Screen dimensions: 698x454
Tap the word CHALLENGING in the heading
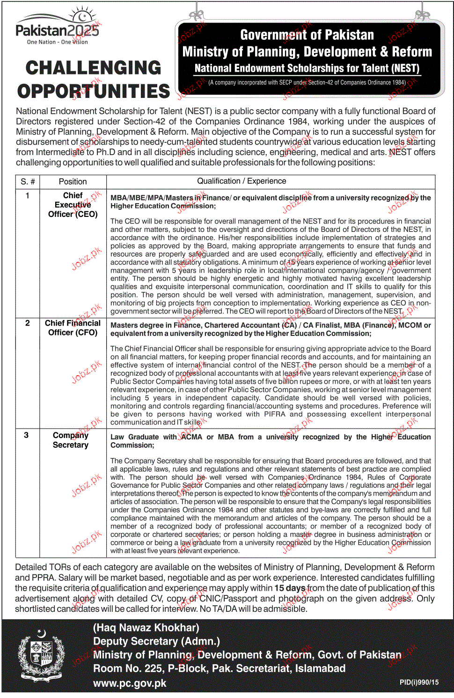pos(93,68)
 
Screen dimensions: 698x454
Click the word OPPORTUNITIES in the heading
pos(94,91)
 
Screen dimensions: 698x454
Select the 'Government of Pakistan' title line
pos(307,35)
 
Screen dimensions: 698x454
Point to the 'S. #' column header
pos(28,182)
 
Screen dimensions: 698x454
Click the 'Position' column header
pos(73,182)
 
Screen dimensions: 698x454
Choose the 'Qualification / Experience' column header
pos(242,181)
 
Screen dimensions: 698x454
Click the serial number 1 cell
pos(28,196)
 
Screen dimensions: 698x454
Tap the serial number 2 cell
pos(28,323)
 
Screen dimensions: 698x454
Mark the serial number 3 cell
pos(26,435)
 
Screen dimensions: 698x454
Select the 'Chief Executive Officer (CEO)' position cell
pos(73,205)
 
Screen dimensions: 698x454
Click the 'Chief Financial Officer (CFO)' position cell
pos(73,328)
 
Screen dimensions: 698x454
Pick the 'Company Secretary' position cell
pos(71,440)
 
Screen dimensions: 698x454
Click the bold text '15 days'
pos(290,588)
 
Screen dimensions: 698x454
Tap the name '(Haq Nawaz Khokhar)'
pos(146,628)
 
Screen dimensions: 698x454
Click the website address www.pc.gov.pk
pos(130,683)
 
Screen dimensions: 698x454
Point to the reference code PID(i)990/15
pos(419,682)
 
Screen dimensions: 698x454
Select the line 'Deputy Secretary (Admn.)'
pos(156,641)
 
